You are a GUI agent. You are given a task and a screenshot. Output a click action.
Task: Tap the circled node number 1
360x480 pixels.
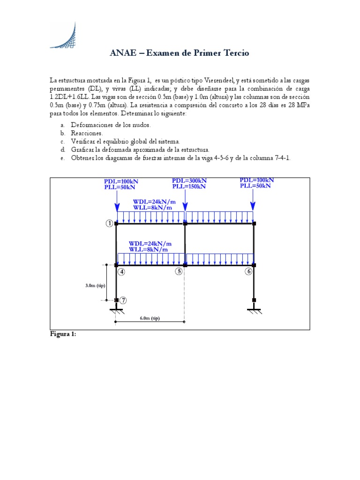point(109,224)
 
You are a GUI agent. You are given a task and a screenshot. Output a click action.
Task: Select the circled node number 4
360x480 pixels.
point(121,271)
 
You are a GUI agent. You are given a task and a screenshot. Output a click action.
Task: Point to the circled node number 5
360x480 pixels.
point(179,271)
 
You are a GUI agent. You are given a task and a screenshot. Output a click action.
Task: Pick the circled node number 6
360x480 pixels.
point(248,271)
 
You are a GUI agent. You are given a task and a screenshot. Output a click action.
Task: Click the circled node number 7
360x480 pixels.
point(123,300)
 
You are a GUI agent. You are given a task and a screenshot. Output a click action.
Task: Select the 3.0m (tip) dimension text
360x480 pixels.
point(95,285)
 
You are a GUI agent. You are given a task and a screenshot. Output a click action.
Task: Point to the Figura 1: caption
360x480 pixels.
point(63,334)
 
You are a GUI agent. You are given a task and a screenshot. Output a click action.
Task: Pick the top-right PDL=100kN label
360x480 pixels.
point(257,180)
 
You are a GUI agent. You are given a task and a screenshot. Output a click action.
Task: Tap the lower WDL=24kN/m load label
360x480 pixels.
point(150,244)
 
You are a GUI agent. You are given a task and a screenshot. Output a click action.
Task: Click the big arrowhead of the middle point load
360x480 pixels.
point(185,206)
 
